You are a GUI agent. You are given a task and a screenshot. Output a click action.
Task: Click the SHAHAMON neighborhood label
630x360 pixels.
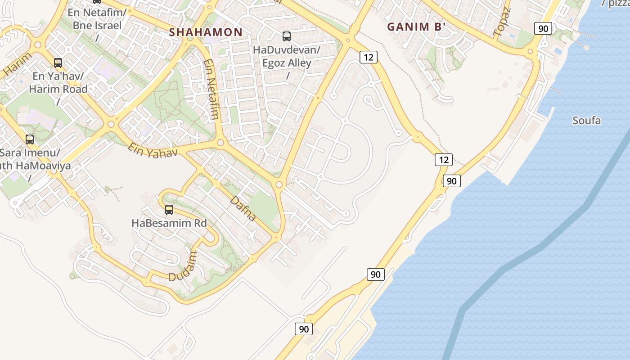206,32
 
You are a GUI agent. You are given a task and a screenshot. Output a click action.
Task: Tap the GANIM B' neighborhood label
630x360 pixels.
416,27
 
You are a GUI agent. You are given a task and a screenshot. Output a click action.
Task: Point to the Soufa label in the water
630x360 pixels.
586,120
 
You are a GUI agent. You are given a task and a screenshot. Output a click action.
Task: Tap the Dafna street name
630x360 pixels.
243,208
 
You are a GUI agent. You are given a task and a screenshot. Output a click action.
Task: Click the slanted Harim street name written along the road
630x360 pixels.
18,64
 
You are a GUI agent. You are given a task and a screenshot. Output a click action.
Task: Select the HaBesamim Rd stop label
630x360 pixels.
169,223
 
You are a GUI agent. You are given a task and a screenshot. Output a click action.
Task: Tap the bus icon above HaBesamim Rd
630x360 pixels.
169,209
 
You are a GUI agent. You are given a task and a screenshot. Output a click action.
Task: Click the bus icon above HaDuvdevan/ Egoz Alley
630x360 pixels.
287,36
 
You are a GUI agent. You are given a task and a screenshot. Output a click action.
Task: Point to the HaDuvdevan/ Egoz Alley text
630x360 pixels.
287,56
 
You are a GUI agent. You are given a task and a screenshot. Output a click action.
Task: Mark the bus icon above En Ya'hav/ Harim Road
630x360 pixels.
58,63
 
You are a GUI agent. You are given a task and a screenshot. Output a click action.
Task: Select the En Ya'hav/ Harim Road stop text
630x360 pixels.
58,83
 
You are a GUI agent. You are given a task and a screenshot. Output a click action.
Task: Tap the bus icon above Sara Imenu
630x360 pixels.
30,139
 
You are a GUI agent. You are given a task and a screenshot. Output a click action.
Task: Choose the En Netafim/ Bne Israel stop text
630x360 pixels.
95,18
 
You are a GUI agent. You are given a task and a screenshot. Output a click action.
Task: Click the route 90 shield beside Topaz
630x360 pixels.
543,29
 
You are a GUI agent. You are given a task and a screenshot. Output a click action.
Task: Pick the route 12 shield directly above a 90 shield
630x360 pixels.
444,159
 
